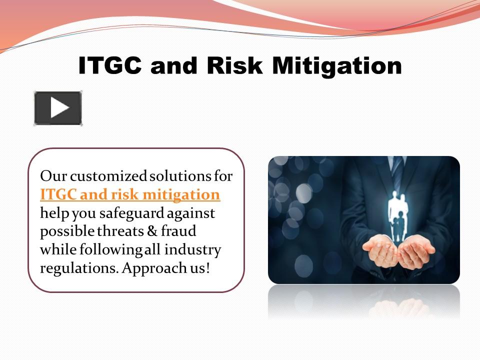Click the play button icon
point(58,108)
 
